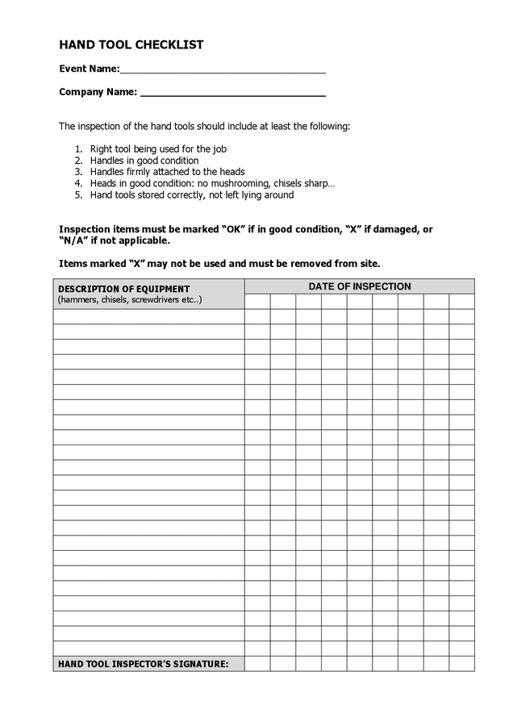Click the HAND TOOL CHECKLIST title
pos(131,45)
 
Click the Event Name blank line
pos(223,70)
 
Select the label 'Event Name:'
pos(89,69)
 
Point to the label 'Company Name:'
pos(98,92)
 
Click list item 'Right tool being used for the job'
pos(158,149)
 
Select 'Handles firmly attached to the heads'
pos(167,172)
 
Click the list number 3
pos(78,172)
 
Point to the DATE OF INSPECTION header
pos(360,286)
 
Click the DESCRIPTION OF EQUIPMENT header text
pos(123,289)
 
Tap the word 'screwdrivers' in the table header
pos(156,299)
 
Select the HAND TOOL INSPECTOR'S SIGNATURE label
pos(143,665)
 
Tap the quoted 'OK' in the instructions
pos(233,229)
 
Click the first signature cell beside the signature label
pos(257,664)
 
